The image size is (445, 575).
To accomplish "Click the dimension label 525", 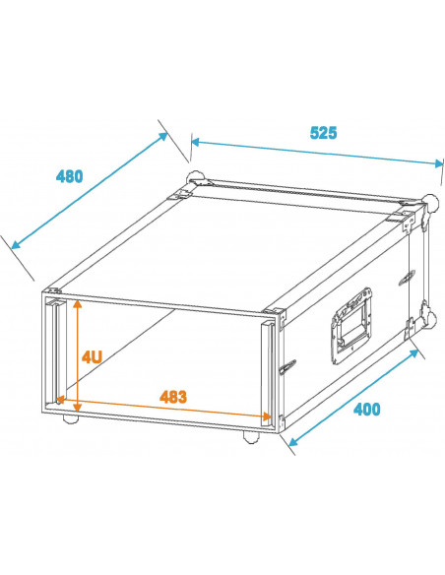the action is tap(323, 133).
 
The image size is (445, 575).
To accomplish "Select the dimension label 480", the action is tap(69, 177).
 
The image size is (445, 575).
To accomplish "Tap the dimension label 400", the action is tap(366, 410).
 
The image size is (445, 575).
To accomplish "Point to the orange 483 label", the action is tap(173, 397).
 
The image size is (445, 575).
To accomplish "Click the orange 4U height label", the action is tap(92, 356).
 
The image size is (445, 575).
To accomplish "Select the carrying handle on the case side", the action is tap(351, 326).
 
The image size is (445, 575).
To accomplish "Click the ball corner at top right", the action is tap(430, 202).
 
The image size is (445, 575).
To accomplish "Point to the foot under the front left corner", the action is tap(70, 418).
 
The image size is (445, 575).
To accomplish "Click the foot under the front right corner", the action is tap(251, 437).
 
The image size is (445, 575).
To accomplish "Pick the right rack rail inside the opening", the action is tap(268, 373).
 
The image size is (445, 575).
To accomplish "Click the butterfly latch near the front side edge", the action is tap(287, 366).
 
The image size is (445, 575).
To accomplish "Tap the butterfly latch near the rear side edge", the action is tap(407, 278).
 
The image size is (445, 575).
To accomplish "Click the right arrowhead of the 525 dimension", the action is tap(439, 163).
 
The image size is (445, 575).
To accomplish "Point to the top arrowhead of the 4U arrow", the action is tap(77, 303).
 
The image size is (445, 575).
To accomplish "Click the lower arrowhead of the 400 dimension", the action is tap(293, 441).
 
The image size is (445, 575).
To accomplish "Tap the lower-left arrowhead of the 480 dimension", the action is tap(17, 244).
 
